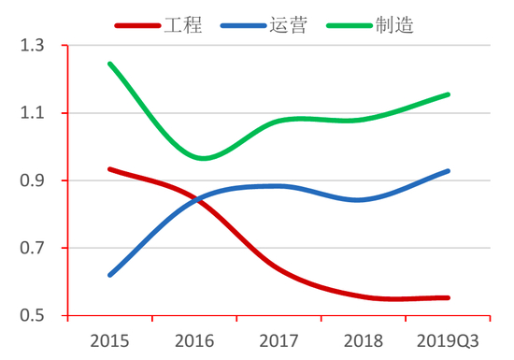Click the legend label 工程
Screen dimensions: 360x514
point(183,25)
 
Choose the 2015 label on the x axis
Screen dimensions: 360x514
point(110,338)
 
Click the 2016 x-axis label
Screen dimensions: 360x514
point(194,338)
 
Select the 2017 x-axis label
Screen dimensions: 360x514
point(278,338)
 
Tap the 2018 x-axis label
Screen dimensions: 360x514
point(363,338)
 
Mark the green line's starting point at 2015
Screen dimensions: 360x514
point(110,64)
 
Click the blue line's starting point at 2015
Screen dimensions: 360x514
point(110,275)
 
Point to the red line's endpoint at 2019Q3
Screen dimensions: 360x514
point(448,297)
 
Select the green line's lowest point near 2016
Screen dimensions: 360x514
point(203,158)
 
